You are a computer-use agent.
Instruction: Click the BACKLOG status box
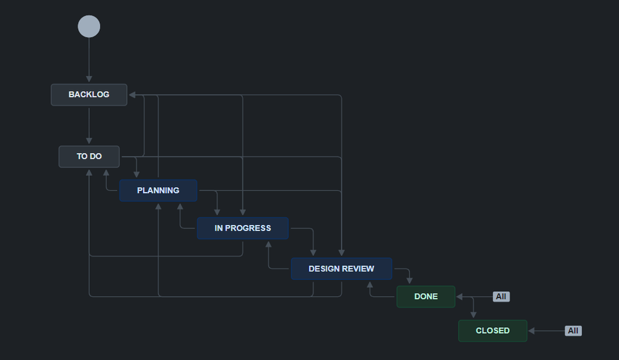89,95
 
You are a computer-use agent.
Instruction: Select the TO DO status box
89,157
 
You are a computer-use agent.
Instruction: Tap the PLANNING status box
158,191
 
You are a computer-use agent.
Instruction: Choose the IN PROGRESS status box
242,228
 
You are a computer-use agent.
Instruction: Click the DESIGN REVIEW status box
341,269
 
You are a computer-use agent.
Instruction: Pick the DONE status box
426,297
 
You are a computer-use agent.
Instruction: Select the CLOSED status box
493,331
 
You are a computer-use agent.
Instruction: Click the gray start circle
89,27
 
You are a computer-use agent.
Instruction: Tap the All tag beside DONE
501,297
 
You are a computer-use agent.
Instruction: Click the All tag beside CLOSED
573,331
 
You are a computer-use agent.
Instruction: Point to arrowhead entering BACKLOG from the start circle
89,79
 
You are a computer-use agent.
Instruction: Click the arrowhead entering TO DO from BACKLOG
89,141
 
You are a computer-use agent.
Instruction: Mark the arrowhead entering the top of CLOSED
473,315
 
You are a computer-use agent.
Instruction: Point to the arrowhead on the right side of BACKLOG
132,95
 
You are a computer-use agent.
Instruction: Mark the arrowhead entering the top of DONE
409,281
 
